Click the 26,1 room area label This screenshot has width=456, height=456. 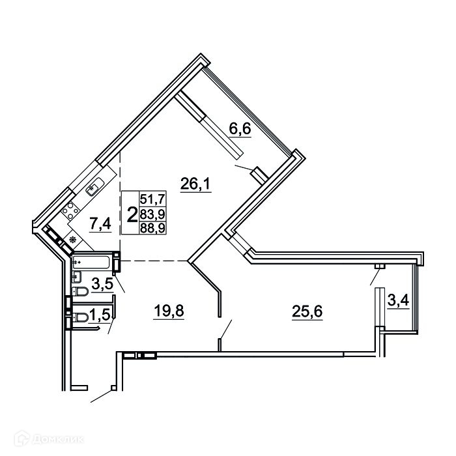(x=195, y=184)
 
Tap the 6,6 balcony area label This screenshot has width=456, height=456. (x=240, y=129)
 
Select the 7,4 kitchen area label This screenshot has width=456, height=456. (x=100, y=224)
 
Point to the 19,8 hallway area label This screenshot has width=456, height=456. (x=169, y=311)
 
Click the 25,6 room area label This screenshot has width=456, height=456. (x=307, y=312)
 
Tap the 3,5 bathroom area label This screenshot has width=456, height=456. (x=102, y=284)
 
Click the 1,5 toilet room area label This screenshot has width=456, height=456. (x=100, y=315)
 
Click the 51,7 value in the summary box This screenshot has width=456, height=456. (x=152, y=199)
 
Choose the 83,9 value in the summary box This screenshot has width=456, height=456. (x=152, y=214)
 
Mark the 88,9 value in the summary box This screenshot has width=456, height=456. (x=152, y=228)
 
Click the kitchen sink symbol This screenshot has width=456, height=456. (x=94, y=187)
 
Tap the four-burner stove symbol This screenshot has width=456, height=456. (x=70, y=210)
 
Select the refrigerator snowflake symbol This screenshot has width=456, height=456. (x=73, y=240)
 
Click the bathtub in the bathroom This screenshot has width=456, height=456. (x=91, y=262)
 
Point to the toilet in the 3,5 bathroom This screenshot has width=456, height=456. (x=80, y=291)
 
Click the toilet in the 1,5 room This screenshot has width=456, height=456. (x=80, y=318)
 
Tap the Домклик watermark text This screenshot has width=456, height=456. (x=58, y=439)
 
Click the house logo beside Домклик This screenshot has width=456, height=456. (x=21, y=438)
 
